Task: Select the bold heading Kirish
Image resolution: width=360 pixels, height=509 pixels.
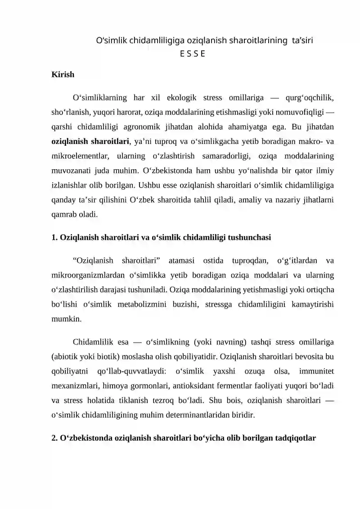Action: (x=63, y=75)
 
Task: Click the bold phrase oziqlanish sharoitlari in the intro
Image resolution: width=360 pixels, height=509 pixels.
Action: (x=90, y=141)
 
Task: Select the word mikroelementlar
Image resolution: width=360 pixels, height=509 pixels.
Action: (x=77, y=156)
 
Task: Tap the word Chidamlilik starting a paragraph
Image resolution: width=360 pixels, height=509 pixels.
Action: (x=94, y=342)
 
